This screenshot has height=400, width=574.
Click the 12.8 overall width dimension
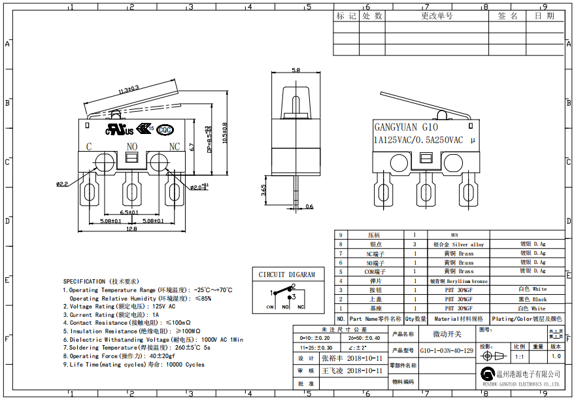[x=131, y=229]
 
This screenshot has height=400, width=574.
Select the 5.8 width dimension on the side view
[x=295, y=70]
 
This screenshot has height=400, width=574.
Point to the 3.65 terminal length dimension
[x=263, y=190]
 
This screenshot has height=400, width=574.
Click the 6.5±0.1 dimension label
[x=129, y=213]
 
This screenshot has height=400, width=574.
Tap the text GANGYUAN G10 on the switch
[x=405, y=127]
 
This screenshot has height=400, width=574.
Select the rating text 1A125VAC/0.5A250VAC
[x=418, y=140]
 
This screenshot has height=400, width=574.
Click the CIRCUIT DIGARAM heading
[x=286, y=275]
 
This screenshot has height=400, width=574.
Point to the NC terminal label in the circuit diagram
[x=301, y=307]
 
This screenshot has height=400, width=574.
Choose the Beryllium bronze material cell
[x=458, y=280]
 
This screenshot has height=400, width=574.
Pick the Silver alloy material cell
[x=458, y=244]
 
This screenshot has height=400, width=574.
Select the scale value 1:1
[x=519, y=357]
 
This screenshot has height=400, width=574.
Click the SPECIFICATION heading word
[x=84, y=281]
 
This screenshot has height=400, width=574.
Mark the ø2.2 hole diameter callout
[x=61, y=184]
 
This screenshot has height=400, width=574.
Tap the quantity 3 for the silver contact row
[x=414, y=244]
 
